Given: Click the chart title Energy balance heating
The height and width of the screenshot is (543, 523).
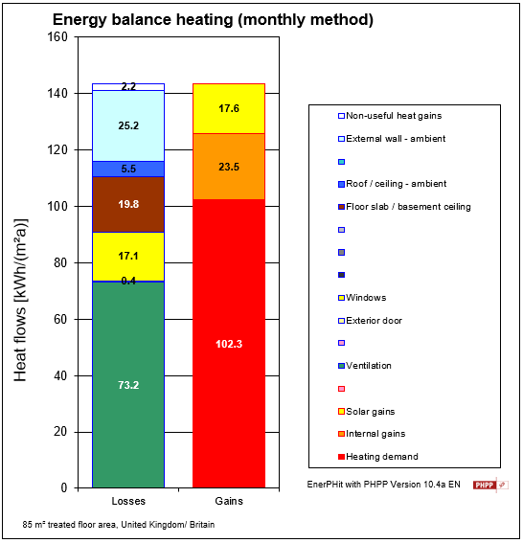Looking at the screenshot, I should click(x=213, y=19).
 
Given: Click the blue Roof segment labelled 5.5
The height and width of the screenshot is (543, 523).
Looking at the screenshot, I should click(x=128, y=169).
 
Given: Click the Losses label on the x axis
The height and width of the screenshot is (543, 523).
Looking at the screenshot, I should click(x=128, y=501).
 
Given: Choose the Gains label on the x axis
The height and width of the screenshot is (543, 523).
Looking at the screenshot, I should click(x=229, y=501).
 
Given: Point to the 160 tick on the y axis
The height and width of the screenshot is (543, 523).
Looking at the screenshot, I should click(x=57, y=37).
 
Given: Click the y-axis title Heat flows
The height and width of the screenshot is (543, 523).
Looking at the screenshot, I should click(x=22, y=299).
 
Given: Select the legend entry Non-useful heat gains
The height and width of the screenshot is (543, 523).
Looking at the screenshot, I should click(x=386, y=116).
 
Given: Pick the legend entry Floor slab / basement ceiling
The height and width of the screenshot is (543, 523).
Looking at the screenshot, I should click(x=407, y=206).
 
